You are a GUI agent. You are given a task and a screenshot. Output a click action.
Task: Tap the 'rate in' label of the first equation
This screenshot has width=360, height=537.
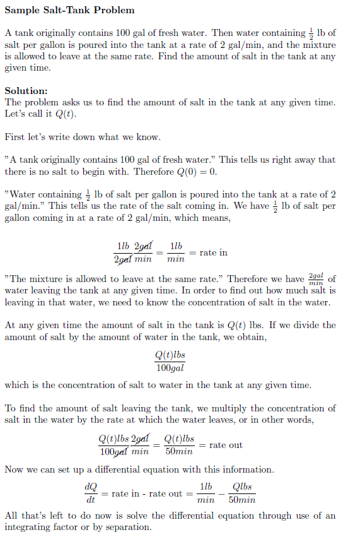(x=213, y=252)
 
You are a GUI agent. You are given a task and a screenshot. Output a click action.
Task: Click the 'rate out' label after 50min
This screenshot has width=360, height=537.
(x=226, y=445)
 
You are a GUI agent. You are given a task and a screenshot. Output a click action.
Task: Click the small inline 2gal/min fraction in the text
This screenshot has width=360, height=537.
(x=316, y=279)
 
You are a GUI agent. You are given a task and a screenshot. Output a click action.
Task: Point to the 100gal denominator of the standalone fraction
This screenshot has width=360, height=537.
(x=170, y=368)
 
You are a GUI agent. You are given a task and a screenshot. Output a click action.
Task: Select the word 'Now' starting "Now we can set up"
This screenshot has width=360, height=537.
(x=14, y=469)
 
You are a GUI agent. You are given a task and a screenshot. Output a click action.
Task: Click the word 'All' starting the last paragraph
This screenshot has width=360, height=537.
(x=11, y=516)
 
